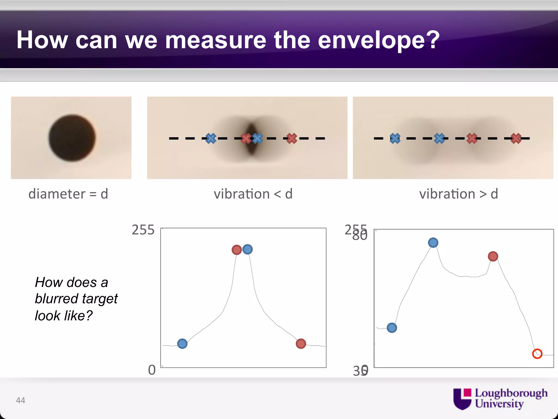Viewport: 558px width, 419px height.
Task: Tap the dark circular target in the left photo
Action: coord(72,138)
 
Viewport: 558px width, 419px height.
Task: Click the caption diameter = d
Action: coord(68,194)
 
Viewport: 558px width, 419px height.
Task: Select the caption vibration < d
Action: coord(253,194)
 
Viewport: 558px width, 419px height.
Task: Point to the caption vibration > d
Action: coord(458,194)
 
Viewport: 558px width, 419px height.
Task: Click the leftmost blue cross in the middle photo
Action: coord(211,138)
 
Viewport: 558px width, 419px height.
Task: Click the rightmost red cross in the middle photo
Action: coord(292,138)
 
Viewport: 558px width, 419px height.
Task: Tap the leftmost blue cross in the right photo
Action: coord(395,138)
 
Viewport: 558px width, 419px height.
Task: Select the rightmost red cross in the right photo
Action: coord(516,138)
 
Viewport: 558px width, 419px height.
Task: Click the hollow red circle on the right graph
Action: coord(537,354)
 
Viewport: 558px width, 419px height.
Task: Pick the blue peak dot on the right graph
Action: coord(433,243)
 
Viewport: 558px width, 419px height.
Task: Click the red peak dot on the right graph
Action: coord(493,256)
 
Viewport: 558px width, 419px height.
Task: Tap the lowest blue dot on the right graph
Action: coord(392,328)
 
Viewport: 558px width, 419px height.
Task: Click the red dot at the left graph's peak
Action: coord(236,250)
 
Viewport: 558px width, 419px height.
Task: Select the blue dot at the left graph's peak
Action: coord(247,249)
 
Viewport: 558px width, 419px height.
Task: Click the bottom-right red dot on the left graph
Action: coord(301,343)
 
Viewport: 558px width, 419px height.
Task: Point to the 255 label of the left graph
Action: coord(143,230)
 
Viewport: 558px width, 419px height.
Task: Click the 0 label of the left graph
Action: coord(152,370)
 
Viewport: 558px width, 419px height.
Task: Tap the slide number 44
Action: coord(20,400)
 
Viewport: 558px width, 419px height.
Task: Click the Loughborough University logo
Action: coord(500,399)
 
